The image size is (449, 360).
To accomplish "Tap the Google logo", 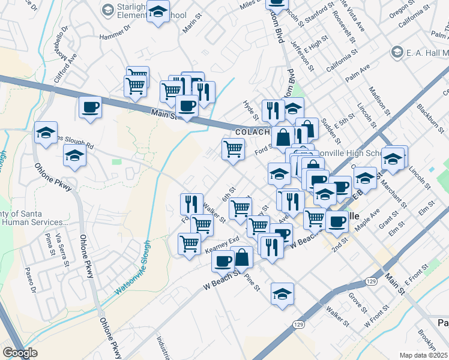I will [x=20, y=353].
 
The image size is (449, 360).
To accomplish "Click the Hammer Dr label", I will [x=115, y=37].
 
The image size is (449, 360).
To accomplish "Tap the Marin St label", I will [x=191, y=26].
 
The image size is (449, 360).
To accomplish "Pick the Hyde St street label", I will [x=250, y=109].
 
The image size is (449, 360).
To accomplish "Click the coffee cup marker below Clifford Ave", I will [x=90, y=108].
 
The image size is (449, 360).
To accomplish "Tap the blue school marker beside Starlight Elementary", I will [x=158, y=13].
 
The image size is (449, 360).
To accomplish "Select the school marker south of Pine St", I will [x=282, y=294].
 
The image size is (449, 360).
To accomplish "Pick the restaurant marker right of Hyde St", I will [x=273, y=110].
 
